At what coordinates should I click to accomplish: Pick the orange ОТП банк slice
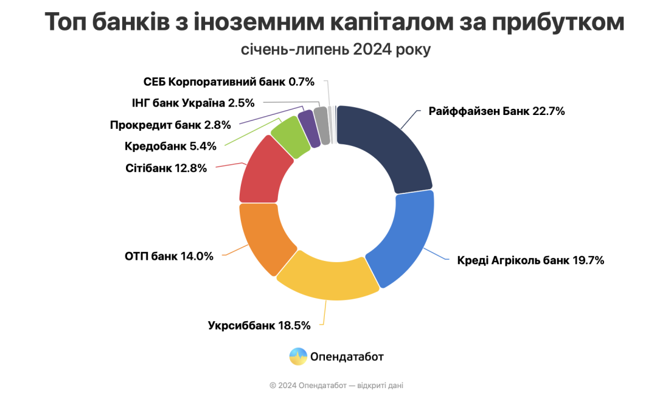coord(262,240)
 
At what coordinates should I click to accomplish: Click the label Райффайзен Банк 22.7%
coord(496,111)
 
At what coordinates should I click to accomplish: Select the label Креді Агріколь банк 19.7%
coord(530,261)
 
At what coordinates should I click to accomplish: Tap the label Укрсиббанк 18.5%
coord(259,325)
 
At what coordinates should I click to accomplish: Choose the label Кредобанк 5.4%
coord(171,147)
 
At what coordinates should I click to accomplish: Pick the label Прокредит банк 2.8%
coord(170,125)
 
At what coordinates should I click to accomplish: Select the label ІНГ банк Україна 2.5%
coord(193,103)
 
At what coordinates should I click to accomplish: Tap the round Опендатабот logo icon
coord(298,356)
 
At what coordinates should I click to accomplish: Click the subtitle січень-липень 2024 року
coord(335,49)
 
